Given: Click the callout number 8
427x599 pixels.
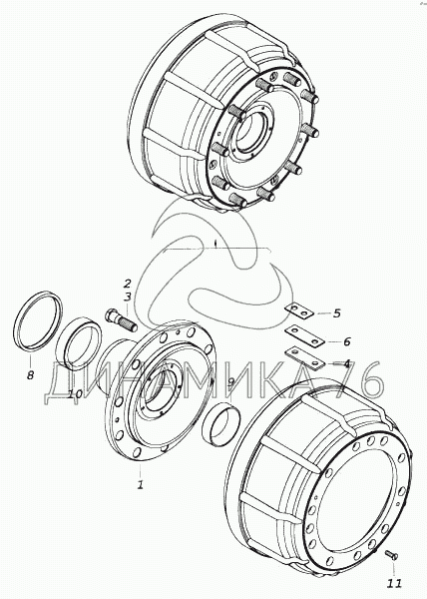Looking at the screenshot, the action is pos(30,374).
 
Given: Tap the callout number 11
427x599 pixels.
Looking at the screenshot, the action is pos(394,583).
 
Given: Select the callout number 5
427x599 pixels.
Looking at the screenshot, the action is pos(336,313).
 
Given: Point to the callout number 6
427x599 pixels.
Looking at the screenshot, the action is pos(346,341).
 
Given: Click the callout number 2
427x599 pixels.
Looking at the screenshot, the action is pos(127,284).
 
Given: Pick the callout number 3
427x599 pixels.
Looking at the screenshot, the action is pos(127,297).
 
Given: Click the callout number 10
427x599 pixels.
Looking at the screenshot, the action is pos(75,393).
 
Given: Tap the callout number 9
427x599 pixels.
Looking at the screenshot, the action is pos(230,382).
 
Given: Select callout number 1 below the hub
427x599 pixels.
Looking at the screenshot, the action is pos(141,484).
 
